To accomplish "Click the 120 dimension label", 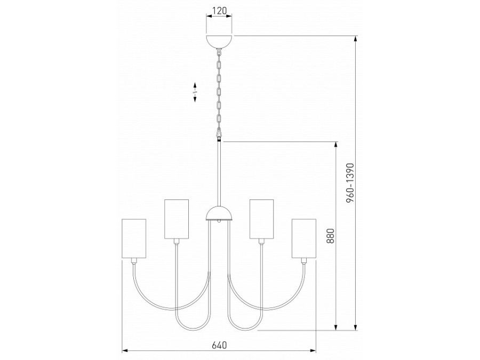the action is click(x=220, y=11).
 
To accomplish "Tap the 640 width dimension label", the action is click(x=220, y=345).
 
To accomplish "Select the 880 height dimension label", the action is click(x=330, y=236).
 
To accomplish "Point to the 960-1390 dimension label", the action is click(x=350, y=183).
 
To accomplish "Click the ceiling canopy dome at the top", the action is click(x=219, y=42).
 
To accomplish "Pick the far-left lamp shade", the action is click(x=134, y=238).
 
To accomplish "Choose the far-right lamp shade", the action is click(x=303, y=238).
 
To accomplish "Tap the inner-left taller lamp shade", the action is click(x=177, y=219).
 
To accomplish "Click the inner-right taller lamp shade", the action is click(x=261, y=219).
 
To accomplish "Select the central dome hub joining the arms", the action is click(x=219, y=214).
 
